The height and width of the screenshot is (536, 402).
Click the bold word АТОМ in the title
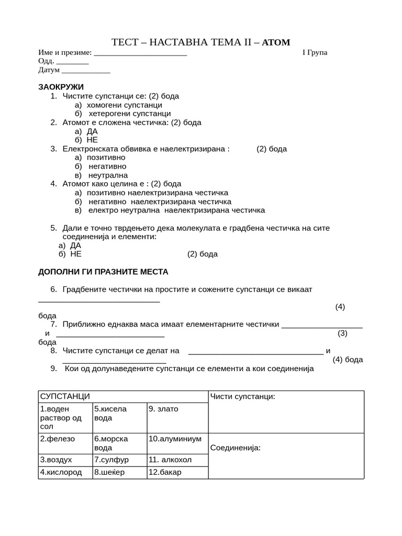click(275, 42)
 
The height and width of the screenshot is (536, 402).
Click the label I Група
click(315, 52)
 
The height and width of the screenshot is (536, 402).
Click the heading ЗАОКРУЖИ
click(61, 87)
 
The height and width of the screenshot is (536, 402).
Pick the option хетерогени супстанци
click(129, 114)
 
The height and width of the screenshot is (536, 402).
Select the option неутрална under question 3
click(108, 175)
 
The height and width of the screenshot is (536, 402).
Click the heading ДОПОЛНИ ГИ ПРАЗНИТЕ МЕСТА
click(104, 272)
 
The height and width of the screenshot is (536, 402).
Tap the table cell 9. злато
click(163, 409)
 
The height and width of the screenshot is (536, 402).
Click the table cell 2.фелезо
click(58, 439)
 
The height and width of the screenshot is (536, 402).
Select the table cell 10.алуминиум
click(175, 439)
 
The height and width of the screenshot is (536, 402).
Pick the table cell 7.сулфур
click(111, 460)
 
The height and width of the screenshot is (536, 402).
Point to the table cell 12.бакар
click(165, 472)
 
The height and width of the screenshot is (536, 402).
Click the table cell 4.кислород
click(61, 472)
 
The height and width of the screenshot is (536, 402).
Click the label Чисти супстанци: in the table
click(242, 396)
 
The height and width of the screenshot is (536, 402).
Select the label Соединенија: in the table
click(235, 448)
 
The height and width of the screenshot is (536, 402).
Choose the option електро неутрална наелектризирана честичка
click(176, 210)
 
